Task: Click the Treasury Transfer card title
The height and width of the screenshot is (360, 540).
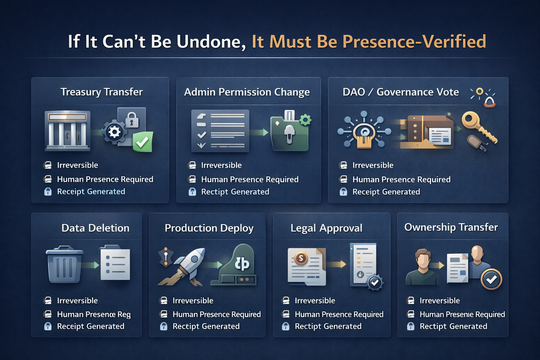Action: click(x=102, y=92)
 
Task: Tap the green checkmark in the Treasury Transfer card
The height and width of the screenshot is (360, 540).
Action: click(x=143, y=142)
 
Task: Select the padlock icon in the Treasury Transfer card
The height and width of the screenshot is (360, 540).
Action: click(x=132, y=120)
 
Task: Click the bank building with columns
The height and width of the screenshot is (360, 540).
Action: click(x=67, y=131)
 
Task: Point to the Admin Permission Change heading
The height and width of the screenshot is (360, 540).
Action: click(x=247, y=92)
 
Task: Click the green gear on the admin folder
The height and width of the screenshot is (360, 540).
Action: click(x=305, y=120)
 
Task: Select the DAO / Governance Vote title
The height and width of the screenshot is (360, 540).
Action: click(x=401, y=92)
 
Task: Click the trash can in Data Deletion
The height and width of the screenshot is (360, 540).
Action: click(x=64, y=264)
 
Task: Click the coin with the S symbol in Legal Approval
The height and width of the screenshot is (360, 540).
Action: click(x=301, y=258)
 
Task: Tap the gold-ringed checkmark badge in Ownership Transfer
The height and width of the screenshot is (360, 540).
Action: click(x=491, y=279)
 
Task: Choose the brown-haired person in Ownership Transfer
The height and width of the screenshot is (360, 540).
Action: click(x=423, y=267)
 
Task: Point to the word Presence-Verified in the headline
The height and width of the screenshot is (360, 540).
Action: click(x=414, y=41)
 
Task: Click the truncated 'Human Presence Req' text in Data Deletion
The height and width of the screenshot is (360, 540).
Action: click(x=94, y=314)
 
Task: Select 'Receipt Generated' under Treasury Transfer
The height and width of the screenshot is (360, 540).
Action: click(x=91, y=192)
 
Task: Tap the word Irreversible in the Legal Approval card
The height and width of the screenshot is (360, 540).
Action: click(x=315, y=301)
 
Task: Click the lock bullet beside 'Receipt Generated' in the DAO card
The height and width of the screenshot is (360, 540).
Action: click(x=343, y=192)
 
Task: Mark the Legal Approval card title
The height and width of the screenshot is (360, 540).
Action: click(x=326, y=228)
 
